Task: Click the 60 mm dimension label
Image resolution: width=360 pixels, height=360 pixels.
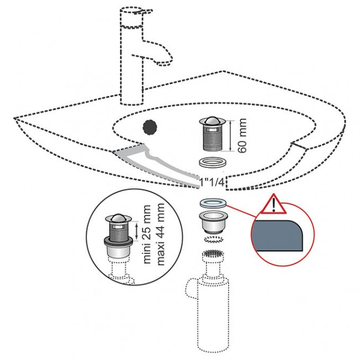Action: pyautogui.click(x=242, y=136)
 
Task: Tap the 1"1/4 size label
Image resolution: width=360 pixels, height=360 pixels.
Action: pyautogui.click(x=212, y=183)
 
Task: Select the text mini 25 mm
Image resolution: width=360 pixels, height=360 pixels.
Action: pyautogui.click(x=146, y=234)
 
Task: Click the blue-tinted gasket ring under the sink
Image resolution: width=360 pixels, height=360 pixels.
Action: pyautogui.click(x=213, y=203)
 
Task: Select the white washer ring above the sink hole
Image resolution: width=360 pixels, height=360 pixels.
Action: pyautogui.click(x=212, y=162)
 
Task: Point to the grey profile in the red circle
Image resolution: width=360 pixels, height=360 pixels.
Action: pyautogui.click(x=277, y=235)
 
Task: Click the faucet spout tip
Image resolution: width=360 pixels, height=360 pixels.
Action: pyautogui.click(x=164, y=63)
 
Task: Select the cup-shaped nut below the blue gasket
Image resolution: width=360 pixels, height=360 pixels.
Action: pyautogui.click(x=213, y=223)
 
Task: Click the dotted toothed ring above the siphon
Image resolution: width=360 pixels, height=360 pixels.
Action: pyautogui.click(x=214, y=239)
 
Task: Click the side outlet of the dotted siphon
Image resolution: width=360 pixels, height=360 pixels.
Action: pyautogui.click(x=191, y=289)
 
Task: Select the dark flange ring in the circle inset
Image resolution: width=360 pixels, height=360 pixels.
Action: pyautogui.click(x=119, y=240)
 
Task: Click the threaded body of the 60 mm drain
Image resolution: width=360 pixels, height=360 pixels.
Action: pyautogui.click(x=213, y=140)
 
